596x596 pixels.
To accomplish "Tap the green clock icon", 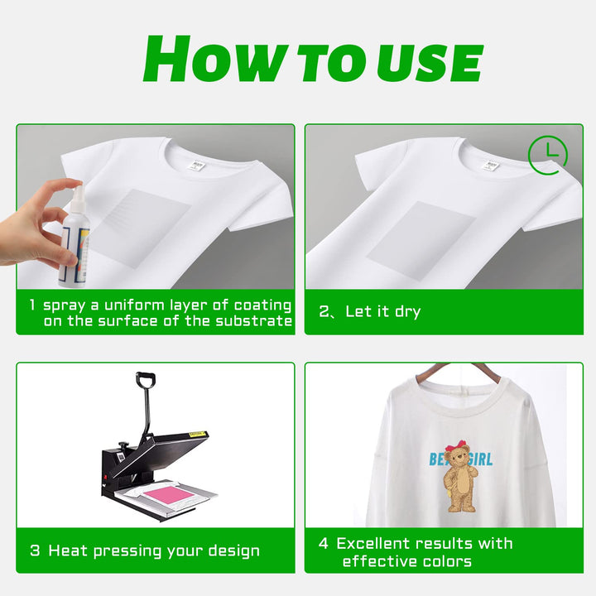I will [547, 155].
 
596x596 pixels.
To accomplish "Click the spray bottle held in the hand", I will [76, 232].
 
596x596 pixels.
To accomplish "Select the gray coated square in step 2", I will [421, 240].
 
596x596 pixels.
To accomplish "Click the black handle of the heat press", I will [146, 382].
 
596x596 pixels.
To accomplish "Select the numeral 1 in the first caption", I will [32, 305].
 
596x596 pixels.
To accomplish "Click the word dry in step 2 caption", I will [406, 312].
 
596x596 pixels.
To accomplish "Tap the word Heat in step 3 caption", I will [69, 550].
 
